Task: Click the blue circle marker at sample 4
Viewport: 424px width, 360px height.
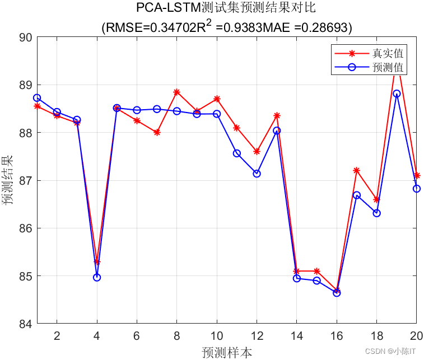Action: click(x=97, y=277)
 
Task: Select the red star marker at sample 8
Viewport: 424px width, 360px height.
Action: click(x=176, y=92)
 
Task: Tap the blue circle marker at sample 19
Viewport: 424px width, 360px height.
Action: click(x=397, y=93)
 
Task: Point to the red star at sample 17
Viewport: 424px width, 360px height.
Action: click(x=356, y=170)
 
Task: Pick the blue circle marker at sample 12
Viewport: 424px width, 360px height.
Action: click(x=257, y=174)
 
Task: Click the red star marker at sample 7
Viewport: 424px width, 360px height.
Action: click(x=157, y=132)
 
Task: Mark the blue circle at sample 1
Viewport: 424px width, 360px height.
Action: click(x=37, y=98)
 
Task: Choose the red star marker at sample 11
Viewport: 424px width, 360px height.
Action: click(x=237, y=128)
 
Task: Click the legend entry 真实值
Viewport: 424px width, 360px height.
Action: click(x=388, y=54)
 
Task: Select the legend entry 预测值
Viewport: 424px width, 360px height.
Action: click(x=388, y=68)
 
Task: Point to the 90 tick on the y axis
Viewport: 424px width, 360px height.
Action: click(x=26, y=38)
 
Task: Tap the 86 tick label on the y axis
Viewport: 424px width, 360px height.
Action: click(x=26, y=228)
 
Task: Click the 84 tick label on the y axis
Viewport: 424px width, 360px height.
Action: click(x=26, y=324)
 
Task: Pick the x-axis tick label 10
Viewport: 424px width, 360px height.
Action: click(x=216, y=336)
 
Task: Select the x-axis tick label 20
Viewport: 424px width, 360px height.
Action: click(x=415, y=336)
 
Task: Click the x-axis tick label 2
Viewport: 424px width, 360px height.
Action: click(x=57, y=336)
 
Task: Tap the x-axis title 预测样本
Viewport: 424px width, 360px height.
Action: click(x=226, y=352)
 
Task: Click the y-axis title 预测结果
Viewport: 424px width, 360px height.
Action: click(x=8, y=180)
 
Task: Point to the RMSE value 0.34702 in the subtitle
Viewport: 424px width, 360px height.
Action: click(x=167, y=27)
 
